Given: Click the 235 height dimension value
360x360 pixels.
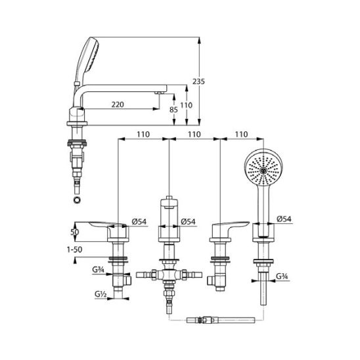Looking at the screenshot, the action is click(198, 81).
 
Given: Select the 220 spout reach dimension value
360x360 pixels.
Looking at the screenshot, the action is click(118, 104).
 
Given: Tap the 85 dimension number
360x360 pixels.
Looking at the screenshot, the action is click(173, 110).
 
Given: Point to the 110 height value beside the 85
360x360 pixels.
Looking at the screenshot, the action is click(186, 105).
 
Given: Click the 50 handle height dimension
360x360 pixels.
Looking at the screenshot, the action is click(75, 232).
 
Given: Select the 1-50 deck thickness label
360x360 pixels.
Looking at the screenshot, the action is click(74, 250).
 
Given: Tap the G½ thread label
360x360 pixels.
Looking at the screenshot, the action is click(101, 294).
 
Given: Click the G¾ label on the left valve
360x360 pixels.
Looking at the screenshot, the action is click(98, 269).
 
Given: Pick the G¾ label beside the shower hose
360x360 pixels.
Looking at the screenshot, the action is click(282, 276).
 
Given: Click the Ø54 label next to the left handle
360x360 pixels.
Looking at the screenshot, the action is click(139, 221).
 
